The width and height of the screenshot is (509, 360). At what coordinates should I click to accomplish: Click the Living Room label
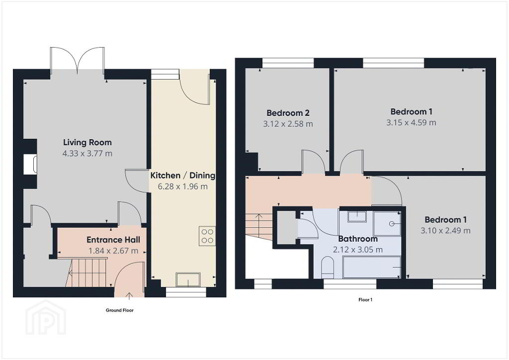[x=87, y=142]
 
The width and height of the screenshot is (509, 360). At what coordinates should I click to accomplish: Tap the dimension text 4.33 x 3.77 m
[x=87, y=153]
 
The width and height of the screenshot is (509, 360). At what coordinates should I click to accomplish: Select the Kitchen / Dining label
[x=183, y=176]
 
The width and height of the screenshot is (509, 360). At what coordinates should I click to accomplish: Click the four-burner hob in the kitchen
[x=207, y=236]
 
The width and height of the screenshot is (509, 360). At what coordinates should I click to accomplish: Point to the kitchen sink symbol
[x=188, y=279]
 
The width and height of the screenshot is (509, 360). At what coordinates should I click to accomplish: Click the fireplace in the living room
[x=30, y=164]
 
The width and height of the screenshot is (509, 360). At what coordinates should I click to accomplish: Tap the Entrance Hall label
[x=113, y=240]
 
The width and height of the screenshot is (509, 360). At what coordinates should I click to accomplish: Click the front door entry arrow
[x=129, y=295]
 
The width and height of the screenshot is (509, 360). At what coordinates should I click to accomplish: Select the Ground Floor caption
[x=120, y=310]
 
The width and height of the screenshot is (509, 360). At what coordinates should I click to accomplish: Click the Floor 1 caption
[x=365, y=300]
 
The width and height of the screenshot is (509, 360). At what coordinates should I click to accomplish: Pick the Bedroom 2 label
[x=288, y=113]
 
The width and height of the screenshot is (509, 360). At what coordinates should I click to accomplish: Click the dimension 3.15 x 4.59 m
[x=411, y=123]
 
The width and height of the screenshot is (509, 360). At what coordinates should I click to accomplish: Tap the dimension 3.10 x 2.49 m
[x=445, y=231]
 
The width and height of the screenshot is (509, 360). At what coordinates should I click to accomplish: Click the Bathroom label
[x=358, y=239]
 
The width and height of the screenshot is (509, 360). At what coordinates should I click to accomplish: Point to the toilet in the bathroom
[x=328, y=268]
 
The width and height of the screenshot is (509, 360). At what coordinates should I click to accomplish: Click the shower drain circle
[x=392, y=224]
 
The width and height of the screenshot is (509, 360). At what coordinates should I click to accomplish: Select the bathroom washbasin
[x=357, y=216]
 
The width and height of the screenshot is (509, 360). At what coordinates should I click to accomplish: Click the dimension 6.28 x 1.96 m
[x=183, y=186]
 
